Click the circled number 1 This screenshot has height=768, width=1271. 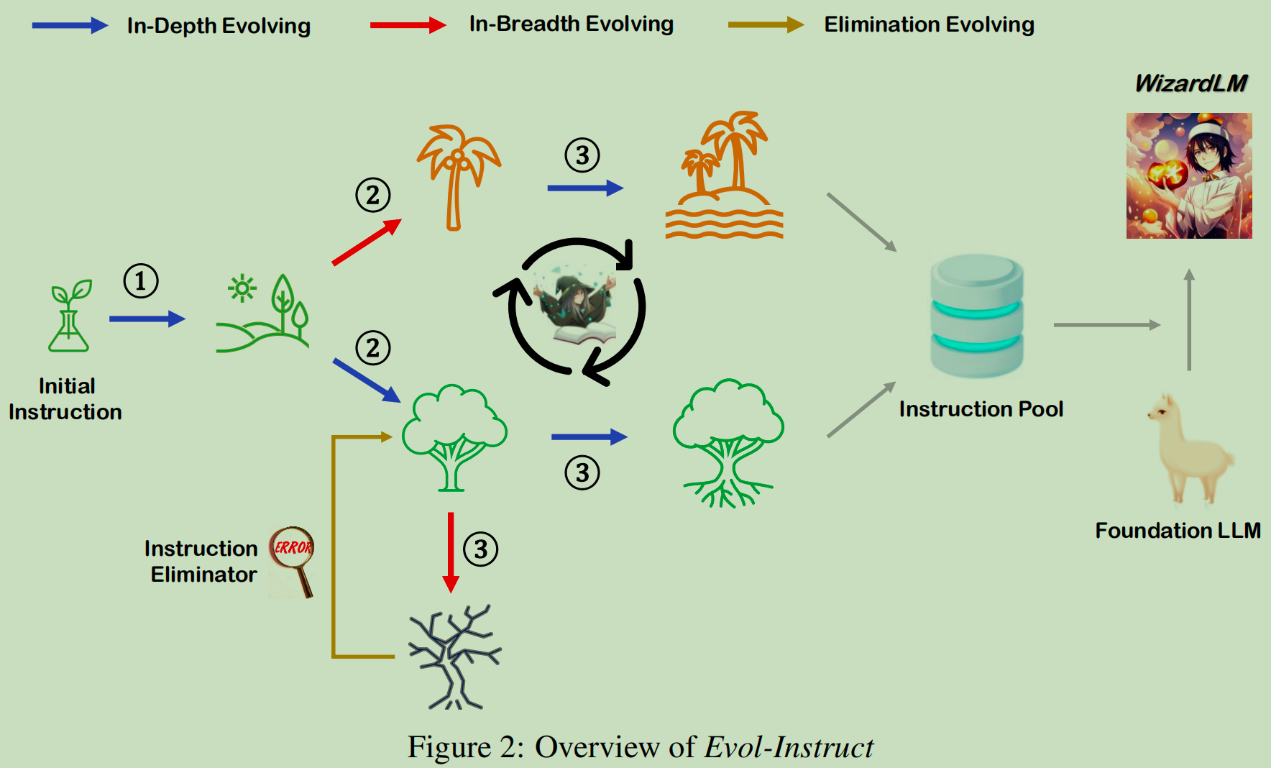[x=141, y=281]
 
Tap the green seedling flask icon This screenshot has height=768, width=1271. [x=70, y=316]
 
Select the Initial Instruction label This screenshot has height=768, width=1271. [x=65, y=399]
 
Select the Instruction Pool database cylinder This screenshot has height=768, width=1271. [x=977, y=316]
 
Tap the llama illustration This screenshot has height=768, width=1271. [x=1190, y=449]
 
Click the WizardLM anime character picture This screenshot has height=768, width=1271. [x=1189, y=175]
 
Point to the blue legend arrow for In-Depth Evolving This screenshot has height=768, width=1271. [x=70, y=26]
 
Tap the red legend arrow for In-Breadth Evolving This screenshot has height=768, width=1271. [x=408, y=25]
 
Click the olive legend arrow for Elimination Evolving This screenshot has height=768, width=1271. [x=766, y=25]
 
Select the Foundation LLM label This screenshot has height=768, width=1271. [x=1178, y=531]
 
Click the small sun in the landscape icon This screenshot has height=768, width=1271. [x=242, y=288]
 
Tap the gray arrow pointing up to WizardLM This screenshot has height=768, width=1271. [x=1189, y=320]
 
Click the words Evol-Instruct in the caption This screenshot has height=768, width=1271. [x=789, y=747]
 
